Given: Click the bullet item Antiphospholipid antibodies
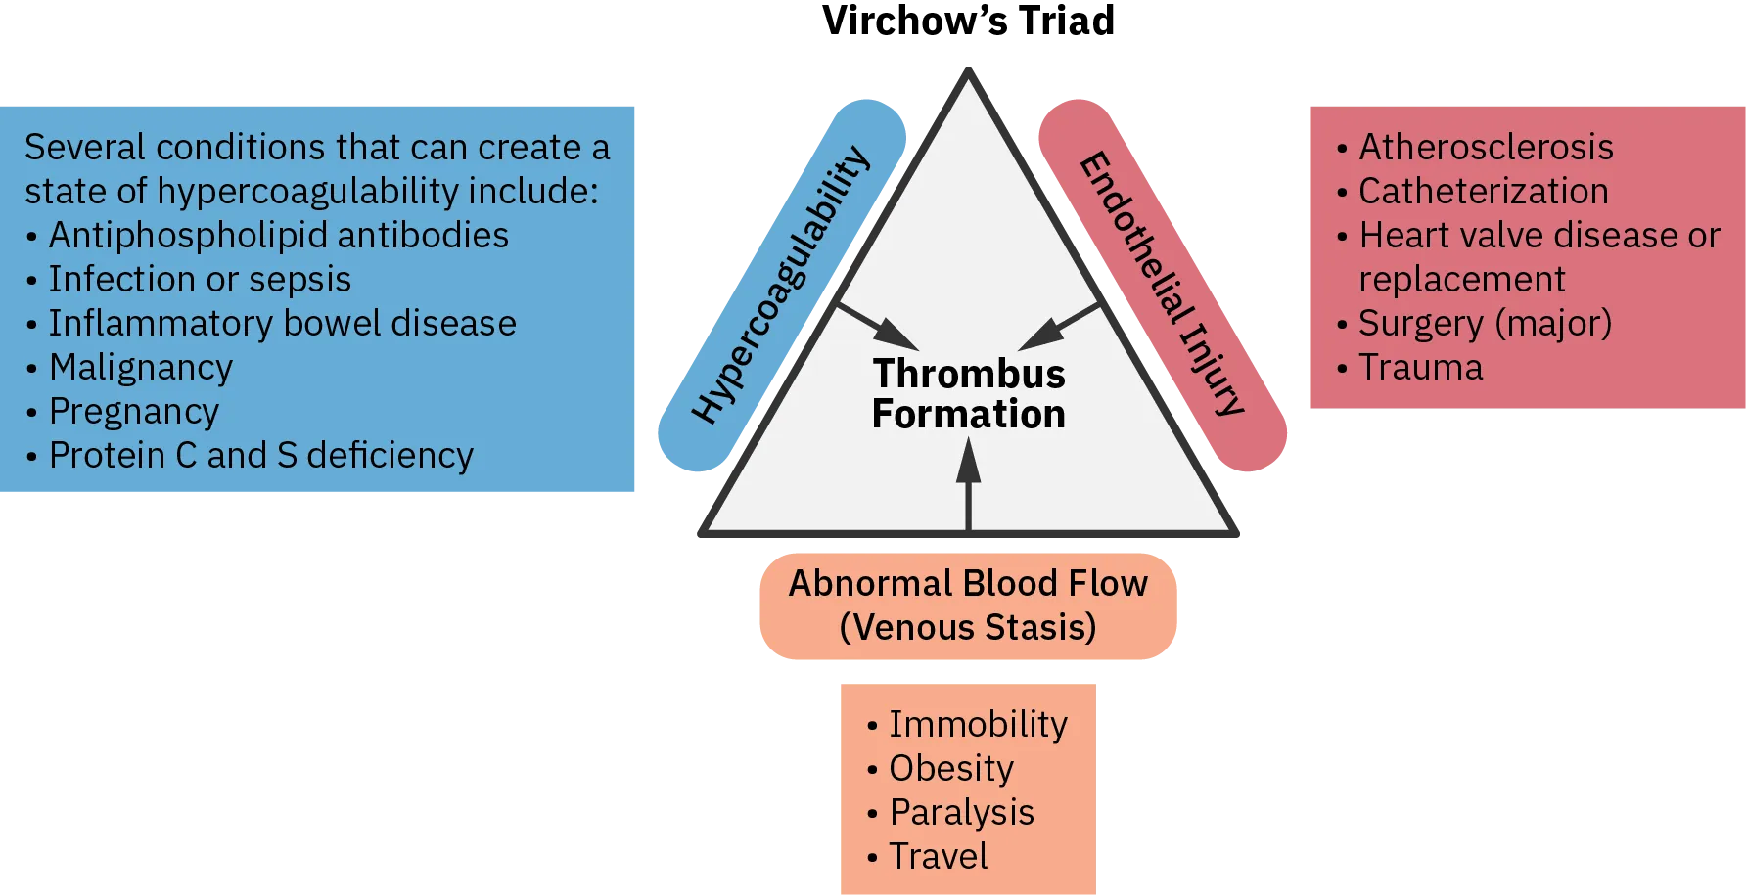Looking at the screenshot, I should point(278,236).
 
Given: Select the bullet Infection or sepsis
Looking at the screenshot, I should point(200,280).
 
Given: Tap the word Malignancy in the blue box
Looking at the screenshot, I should point(141,368).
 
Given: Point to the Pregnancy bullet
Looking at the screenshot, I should point(134,412).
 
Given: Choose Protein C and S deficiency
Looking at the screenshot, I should point(260,456).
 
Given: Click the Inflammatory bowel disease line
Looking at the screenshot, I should point(282,324).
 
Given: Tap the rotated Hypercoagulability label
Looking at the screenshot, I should point(780,285).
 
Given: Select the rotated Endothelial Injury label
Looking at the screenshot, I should point(1162,284).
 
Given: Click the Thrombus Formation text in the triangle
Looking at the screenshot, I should point(968,394).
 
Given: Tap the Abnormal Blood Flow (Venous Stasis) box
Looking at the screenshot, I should point(969,605).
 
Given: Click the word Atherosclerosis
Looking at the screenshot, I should point(1486,148).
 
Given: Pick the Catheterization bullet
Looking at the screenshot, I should point(1483,192).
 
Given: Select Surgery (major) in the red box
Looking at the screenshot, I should point(1485,324).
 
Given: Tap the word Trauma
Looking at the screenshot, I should point(1420,368).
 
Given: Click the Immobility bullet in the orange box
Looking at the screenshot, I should point(978,725).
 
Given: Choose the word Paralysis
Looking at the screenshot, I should point(961,813).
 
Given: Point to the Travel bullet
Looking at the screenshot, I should point(938,857).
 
